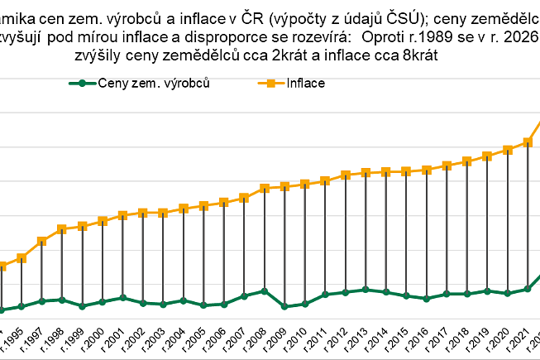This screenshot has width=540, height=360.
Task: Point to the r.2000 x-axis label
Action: click(93, 341)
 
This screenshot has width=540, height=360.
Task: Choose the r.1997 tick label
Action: click(33, 341)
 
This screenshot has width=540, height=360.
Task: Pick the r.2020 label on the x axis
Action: click(499, 341)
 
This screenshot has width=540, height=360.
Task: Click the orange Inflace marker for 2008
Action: click(264, 188)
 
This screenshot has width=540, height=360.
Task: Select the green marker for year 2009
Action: click(284, 306)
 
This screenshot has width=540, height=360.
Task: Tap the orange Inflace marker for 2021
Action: click(528, 142)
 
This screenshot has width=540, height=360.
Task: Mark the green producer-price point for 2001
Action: click(122, 297)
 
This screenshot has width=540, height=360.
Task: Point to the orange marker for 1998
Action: click(61, 228)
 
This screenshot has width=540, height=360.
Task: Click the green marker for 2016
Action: click(427, 298)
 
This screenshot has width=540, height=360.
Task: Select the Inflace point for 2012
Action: click(346, 175)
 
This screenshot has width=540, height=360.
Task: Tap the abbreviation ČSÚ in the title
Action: click(421, 13)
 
